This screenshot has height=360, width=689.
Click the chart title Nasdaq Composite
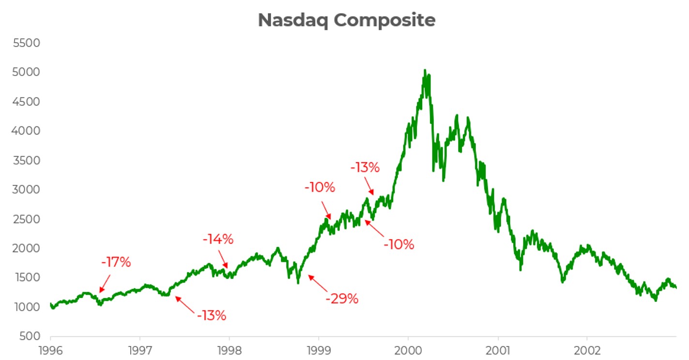pos(346,20)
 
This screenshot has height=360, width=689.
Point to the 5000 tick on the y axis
pos(27,73)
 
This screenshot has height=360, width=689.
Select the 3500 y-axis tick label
pos(27,161)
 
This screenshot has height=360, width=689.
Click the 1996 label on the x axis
pos(50,349)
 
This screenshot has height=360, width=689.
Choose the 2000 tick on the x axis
pos(408,349)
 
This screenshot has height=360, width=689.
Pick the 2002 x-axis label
pos(587,349)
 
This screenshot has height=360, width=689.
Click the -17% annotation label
pos(116,262)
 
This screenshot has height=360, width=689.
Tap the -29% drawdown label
pos(342,299)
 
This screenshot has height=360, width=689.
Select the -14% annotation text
pos(218,239)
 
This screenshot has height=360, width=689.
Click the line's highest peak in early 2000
pos(425,70)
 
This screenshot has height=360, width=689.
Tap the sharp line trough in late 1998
pos(298,283)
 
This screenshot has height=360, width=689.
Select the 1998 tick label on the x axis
pos(229,349)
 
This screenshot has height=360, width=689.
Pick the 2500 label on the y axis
pos(27,219)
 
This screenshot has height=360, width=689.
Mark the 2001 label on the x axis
pos(498,349)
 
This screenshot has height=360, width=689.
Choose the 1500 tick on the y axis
pos(27,278)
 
